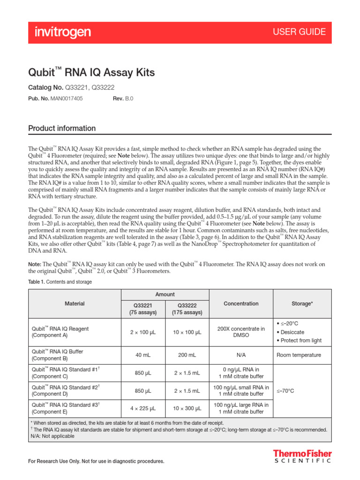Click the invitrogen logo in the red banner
click(63, 32)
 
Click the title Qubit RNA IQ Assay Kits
click(91, 73)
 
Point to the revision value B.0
click(129, 99)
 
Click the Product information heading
click(62, 128)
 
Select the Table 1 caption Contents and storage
click(60, 282)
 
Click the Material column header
click(75, 304)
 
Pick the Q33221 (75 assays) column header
click(143, 308)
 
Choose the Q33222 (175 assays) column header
click(187, 308)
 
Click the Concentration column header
click(241, 304)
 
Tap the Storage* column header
click(302, 304)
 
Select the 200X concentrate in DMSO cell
click(241, 332)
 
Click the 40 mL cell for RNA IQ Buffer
click(143, 355)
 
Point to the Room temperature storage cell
click(299, 355)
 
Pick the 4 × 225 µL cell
click(143, 408)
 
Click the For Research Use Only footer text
click(97, 462)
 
